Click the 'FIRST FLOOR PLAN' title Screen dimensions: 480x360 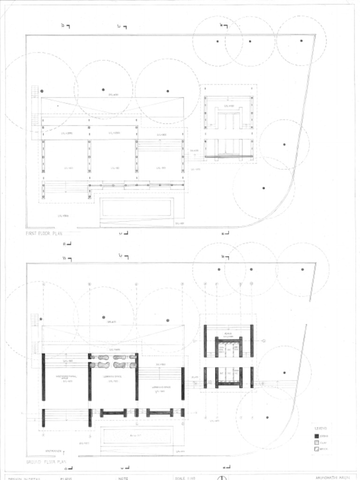(x=44, y=233)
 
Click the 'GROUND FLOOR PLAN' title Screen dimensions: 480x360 (x=46, y=462)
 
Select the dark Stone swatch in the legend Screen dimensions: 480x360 (x=316, y=436)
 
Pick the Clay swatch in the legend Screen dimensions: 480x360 (x=316, y=442)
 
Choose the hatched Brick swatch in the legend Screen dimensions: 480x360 (x=316, y=449)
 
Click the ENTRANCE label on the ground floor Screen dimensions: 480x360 (x=53, y=451)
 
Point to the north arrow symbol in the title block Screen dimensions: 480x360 (x=222, y=478)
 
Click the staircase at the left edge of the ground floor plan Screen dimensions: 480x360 (x=34, y=320)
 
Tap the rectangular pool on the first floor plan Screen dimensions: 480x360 (x=136, y=207)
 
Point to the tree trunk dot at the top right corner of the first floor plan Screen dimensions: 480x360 (x=301, y=41)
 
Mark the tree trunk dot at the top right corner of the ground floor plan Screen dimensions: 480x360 (x=302, y=270)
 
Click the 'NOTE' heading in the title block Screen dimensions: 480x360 (x=123, y=478)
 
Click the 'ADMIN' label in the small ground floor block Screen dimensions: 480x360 (x=228, y=333)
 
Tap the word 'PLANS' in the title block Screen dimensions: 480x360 (x=66, y=478)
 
